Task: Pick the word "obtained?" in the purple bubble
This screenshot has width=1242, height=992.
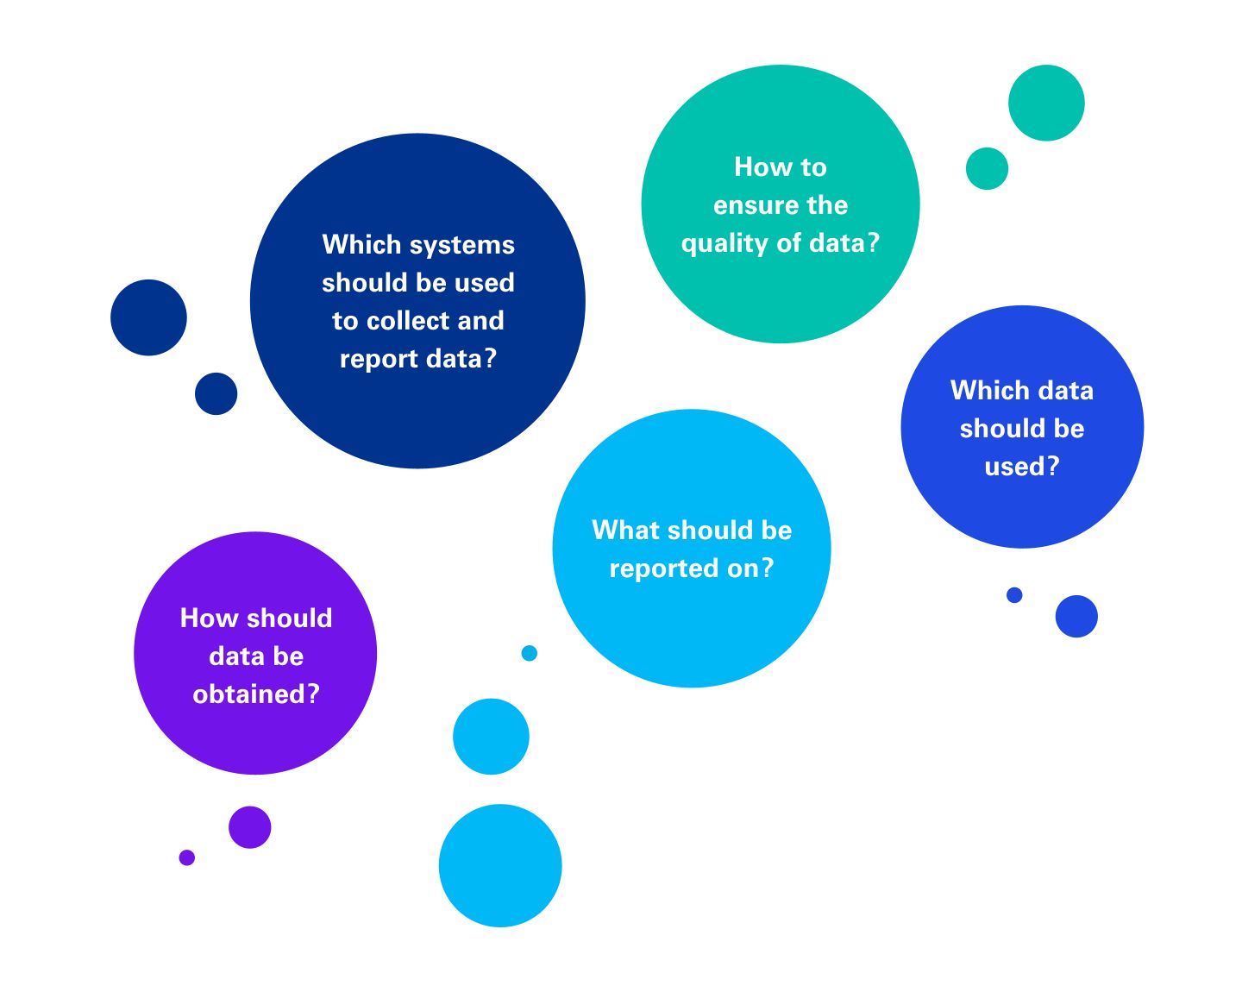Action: coord(256,694)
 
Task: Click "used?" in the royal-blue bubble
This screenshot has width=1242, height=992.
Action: coord(1022,467)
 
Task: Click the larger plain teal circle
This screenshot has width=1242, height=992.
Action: coord(1046,103)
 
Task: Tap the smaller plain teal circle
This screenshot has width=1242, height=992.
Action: coord(987,168)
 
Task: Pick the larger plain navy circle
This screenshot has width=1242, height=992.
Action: coord(148,317)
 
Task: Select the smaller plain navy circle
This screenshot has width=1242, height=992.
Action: coord(216,393)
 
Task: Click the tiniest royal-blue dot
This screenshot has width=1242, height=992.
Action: coord(1014,595)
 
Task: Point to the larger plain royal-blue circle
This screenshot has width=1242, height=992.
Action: coord(1076,616)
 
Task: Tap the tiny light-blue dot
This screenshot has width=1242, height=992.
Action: coord(530,653)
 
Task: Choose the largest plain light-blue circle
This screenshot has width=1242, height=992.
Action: coord(500,865)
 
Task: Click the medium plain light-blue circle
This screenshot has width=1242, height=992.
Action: coord(491,737)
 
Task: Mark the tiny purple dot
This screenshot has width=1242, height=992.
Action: coord(187,857)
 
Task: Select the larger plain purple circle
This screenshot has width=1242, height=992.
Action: coord(250,827)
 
